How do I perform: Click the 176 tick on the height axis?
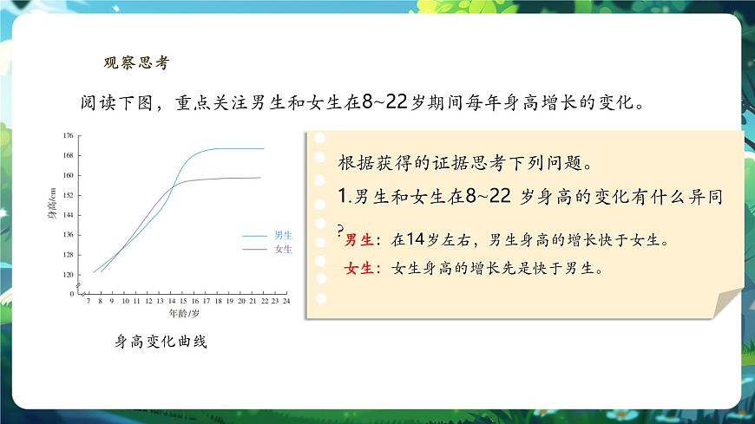(69, 136)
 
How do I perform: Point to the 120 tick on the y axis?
(69, 275)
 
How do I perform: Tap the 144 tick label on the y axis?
(69, 215)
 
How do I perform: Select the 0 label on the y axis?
(72, 294)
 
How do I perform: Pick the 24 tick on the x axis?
(286, 302)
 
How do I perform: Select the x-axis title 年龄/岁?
(183, 312)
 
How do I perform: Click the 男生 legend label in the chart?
(283, 235)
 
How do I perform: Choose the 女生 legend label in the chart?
(283, 249)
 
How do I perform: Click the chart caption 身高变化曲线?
(161, 342)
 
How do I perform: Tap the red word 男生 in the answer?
(358, 239)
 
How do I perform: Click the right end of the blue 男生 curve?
(263, 148)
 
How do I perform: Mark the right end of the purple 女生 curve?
(260, 178)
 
